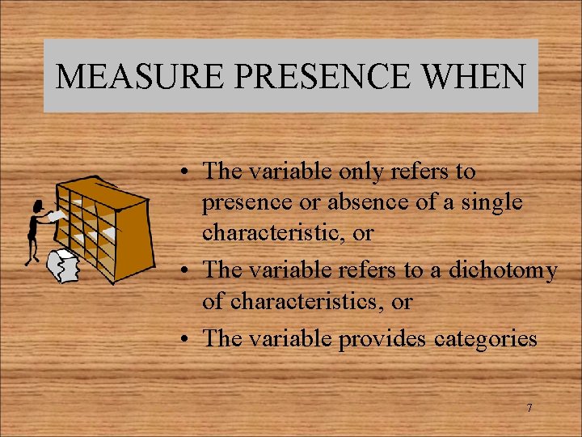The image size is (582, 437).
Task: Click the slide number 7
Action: click(529, 408)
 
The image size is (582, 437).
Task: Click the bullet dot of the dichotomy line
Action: click(186, 271)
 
